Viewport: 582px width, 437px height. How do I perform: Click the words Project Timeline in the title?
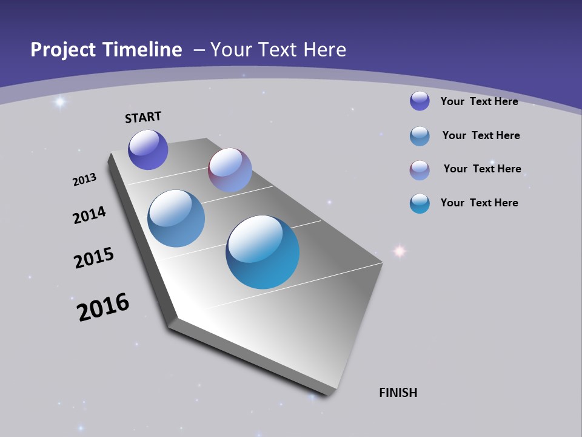pos(106,50)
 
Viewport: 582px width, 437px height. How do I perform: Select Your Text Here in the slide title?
pos(278,50)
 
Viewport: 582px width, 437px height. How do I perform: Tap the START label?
pos(143,117)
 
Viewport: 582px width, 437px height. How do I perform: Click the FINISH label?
pos(398,393)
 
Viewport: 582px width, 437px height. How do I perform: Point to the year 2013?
pos(84,180)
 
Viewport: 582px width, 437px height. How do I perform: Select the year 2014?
pos(89,215)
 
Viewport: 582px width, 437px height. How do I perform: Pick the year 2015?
pos(94,258)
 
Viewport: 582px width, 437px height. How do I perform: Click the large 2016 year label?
pos(103,307)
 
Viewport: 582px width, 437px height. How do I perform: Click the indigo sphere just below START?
pos(148,150)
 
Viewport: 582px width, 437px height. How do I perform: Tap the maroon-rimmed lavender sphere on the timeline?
pos(230,170)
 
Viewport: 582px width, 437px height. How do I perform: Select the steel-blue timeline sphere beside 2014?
pos(176,218)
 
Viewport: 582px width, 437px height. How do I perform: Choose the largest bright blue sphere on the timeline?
pos(263,252)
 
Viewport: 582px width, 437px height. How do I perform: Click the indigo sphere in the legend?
pos(420,101)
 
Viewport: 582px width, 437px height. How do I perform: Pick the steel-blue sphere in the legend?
pos(420,136)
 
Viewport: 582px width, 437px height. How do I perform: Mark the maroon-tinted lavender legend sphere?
pos(420,170)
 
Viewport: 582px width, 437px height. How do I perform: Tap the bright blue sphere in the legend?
pos(420,203)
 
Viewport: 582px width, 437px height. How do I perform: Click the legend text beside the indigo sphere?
pos(479,101)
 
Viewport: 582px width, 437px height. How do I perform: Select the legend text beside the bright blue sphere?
pos(479,203)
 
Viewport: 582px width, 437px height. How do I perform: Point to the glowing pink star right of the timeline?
pos(400,250)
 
